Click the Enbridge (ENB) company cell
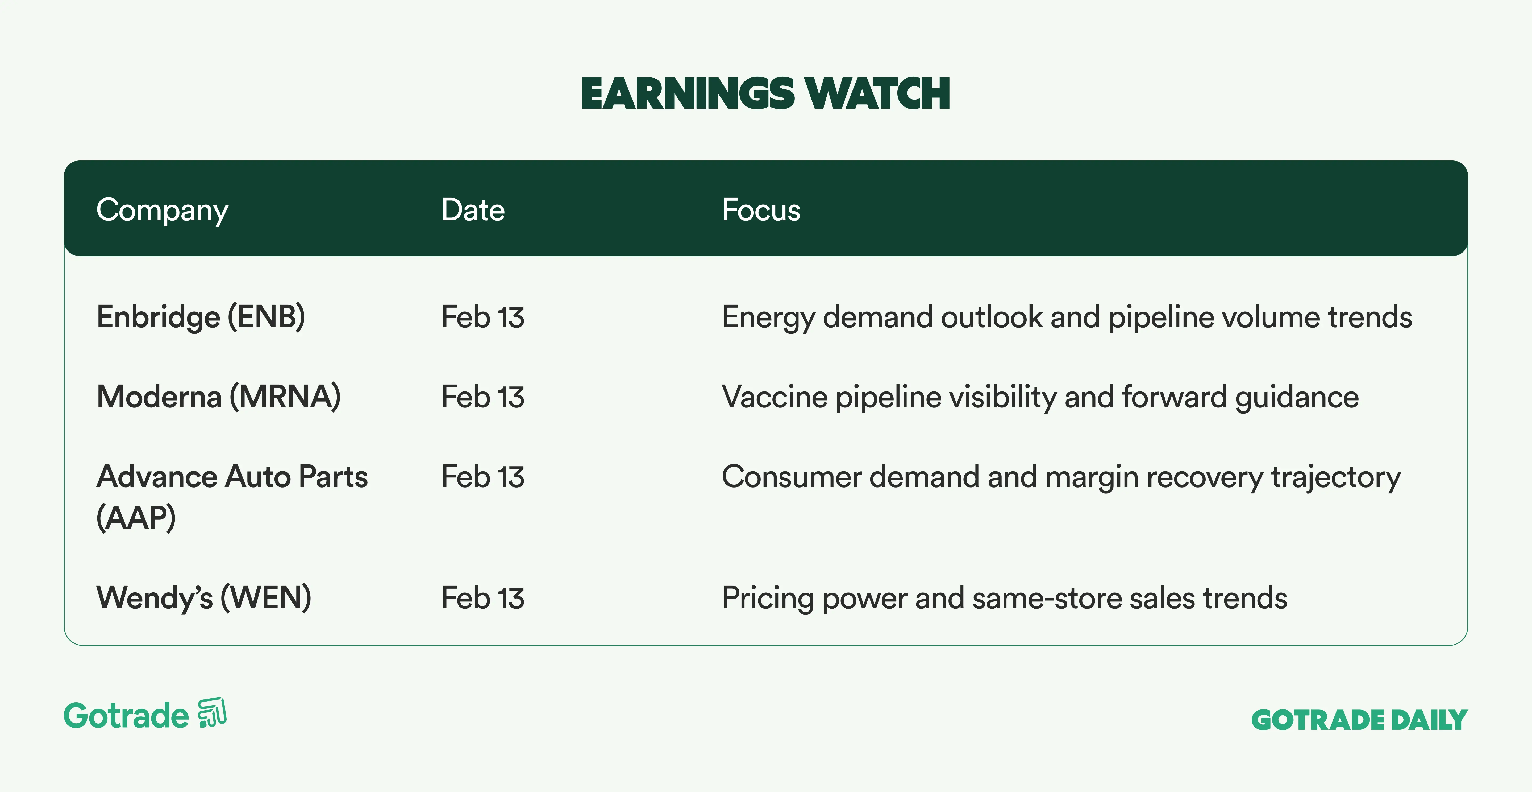coord(201,317)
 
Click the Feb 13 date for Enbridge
coord(483,317)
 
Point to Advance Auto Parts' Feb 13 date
coord(483,477)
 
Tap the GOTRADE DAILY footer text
coord(1360,720)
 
